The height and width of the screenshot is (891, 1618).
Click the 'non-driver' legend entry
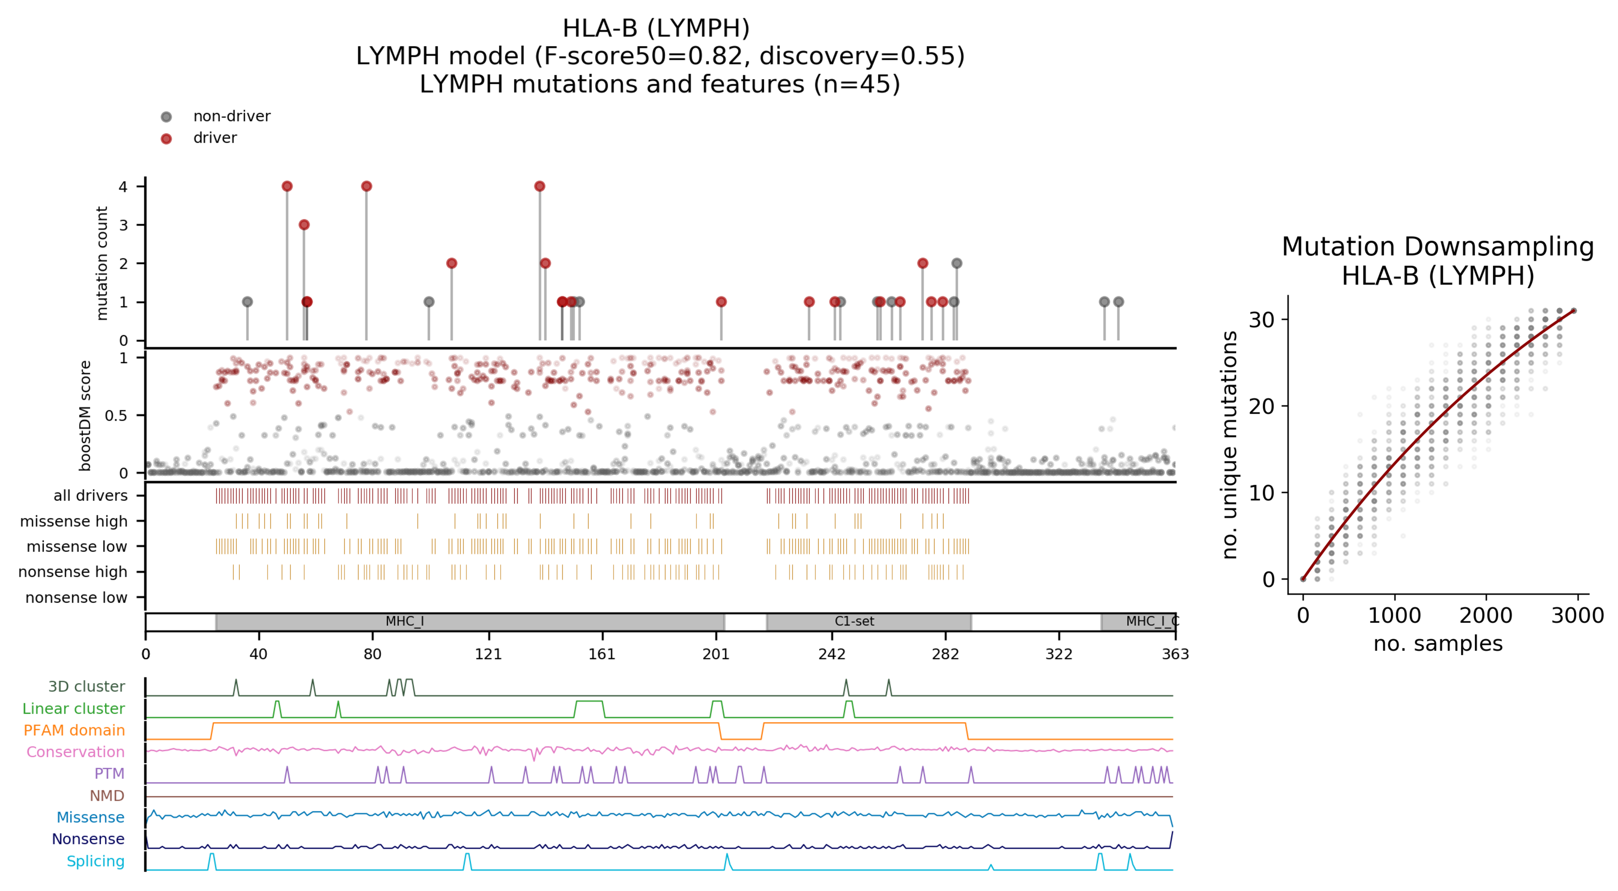[x=231, y=116]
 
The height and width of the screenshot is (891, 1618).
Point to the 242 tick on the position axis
[x=832, y=654]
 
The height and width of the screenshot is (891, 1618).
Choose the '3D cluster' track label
[x=86, y=686]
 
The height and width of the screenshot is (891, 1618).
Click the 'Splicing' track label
[x=95, y=861]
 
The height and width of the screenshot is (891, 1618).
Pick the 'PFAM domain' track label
[x=74, y=730]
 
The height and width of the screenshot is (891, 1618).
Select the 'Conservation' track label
[x=76, y=752]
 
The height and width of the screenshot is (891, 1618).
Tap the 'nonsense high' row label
[x=72, y=572]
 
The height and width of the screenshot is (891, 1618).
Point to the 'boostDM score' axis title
[x=85, y=415]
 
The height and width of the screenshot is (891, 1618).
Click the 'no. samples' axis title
[x=1438, y=644]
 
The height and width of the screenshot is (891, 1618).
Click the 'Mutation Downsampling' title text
[x=1438, y=247]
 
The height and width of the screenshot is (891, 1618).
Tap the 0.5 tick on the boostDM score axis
[x=116, y=416]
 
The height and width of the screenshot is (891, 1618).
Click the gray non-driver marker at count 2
[x=956, y=263]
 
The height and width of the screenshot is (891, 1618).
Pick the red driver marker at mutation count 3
[x=304, y=225]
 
